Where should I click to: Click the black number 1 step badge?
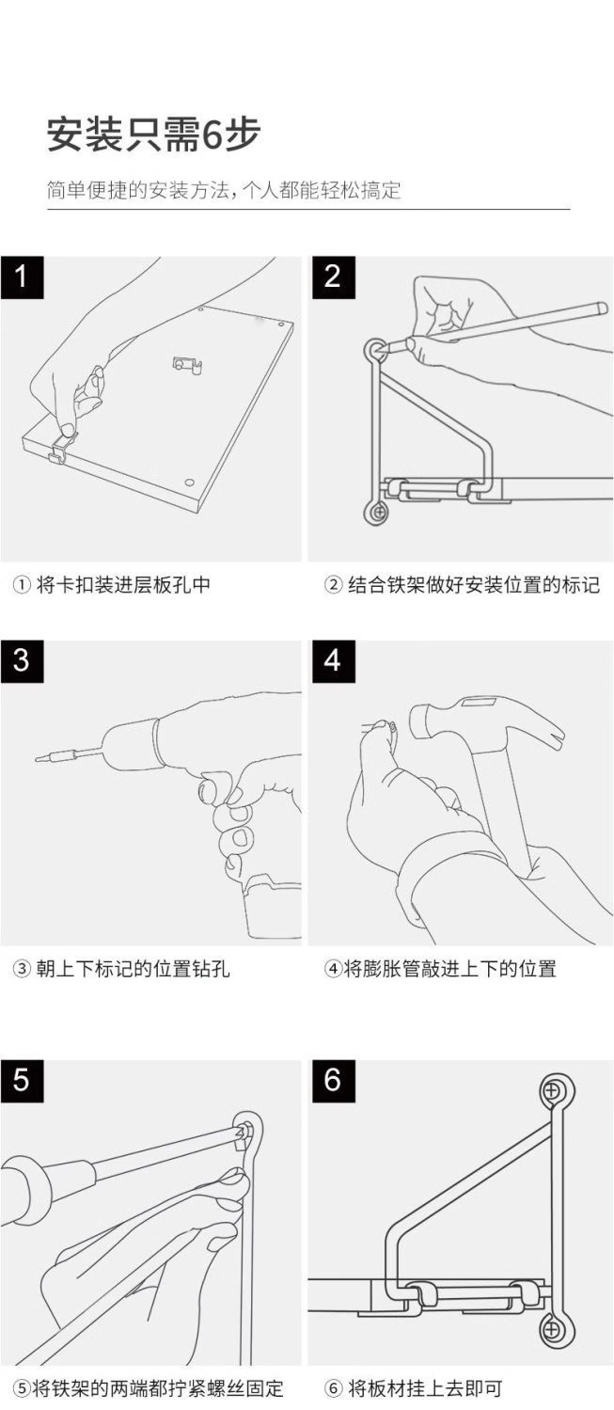22,277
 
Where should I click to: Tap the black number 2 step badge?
334,277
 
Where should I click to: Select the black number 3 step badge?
22,661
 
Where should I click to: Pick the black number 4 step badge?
334,661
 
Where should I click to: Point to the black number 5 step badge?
22,1081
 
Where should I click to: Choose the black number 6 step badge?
334,1081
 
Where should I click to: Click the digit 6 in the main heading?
212,135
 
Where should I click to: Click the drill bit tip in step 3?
38,758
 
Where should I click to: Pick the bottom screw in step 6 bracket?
552,1330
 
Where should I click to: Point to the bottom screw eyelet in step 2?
377,513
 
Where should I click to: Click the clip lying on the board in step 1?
187,365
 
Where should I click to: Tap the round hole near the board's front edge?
189,483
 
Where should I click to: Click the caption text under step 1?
111,585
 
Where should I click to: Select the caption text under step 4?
440,969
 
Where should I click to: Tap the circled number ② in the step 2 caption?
333,585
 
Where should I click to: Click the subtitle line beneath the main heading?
224,189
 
